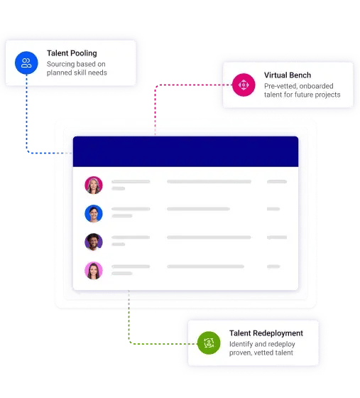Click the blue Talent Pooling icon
26,63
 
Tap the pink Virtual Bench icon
244,85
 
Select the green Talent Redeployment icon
209,343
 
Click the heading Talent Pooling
72,53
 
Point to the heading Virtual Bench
288,75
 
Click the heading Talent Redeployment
266,333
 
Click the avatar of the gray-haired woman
94,185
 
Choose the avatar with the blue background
94,213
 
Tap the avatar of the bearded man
94,242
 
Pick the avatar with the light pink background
94,271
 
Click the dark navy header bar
185,151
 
